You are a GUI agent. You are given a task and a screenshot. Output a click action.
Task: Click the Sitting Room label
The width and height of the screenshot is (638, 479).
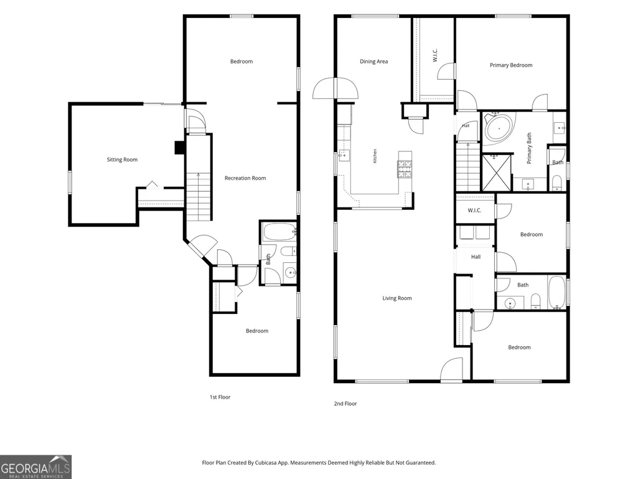click(x=122, y=159)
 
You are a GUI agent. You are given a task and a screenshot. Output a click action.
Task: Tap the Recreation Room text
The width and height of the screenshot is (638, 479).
click(x=245, y=178)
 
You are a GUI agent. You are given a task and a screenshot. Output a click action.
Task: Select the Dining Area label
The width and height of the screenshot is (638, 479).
click(x=374, y=62)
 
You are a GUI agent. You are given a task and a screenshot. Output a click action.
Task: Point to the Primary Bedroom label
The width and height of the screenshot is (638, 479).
click(x=511, y=65)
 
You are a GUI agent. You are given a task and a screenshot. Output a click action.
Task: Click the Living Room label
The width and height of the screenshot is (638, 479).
click(x=397, y=298)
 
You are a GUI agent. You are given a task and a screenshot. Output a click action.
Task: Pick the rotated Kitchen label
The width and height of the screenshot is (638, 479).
click(x=375, y=156)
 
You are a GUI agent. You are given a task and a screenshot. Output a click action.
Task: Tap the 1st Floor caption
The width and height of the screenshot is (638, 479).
click(x=220, y=397)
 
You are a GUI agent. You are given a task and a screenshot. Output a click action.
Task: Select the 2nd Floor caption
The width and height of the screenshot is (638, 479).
click(x=345, y=404)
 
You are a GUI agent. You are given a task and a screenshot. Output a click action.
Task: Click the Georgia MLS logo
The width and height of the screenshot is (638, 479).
click(x=36, y=467)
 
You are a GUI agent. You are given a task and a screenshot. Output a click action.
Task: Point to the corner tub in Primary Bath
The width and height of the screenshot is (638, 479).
click(x=499, y=128)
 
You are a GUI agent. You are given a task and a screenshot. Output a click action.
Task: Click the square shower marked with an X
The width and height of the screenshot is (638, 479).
click(x=497, y=173)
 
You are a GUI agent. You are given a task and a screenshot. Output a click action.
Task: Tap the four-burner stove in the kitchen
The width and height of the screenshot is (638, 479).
click(x=405, y=169)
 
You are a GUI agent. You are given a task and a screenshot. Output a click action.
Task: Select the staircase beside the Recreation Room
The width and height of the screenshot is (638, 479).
click(x=199, y=197)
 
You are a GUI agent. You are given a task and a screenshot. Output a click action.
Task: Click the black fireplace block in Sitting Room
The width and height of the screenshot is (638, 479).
click(x=179, y=148)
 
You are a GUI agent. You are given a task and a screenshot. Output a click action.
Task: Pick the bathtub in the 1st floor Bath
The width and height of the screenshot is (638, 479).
click(x=279, y=232)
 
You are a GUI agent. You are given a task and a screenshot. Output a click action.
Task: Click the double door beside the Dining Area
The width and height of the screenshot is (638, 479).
click(x=335, y=88)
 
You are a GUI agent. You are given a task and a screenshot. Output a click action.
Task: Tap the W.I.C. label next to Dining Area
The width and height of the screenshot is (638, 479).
click(x=435, y=56)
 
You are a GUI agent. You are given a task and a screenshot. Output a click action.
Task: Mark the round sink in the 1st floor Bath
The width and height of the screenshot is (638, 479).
click(x=291, y=273)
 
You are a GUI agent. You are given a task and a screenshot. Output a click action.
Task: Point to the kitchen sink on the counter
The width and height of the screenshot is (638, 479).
click(x=344, y=155)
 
